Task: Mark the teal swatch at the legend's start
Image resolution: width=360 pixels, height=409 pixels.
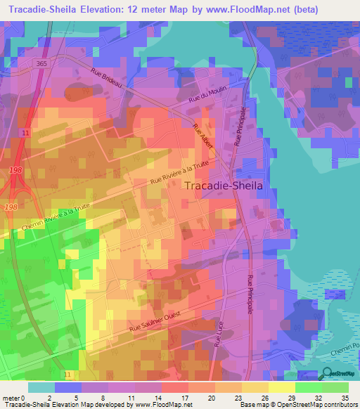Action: tap(41, 387)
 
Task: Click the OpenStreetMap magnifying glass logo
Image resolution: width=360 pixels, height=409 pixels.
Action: tap(326, 373)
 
